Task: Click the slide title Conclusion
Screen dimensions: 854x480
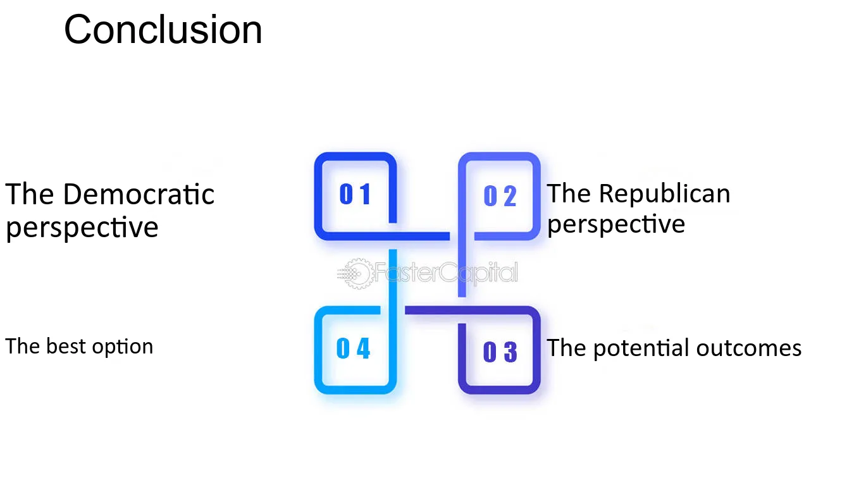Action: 163,30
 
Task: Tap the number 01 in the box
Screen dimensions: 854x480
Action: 355,194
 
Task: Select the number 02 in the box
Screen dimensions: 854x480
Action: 500,196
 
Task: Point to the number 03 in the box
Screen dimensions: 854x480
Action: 500,351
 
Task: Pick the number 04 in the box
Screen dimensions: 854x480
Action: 353,348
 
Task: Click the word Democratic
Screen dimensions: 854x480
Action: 139,194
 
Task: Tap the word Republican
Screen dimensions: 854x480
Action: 664,194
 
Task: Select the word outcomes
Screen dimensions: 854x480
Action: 749,348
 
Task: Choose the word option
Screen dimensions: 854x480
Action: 122,347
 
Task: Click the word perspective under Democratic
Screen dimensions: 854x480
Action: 82,228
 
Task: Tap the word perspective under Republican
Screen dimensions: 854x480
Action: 616,225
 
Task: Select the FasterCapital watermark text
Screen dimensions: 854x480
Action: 446,273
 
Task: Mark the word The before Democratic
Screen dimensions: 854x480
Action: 30,194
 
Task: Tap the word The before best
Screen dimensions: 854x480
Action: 23,346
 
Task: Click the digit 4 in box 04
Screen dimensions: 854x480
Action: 363,348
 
